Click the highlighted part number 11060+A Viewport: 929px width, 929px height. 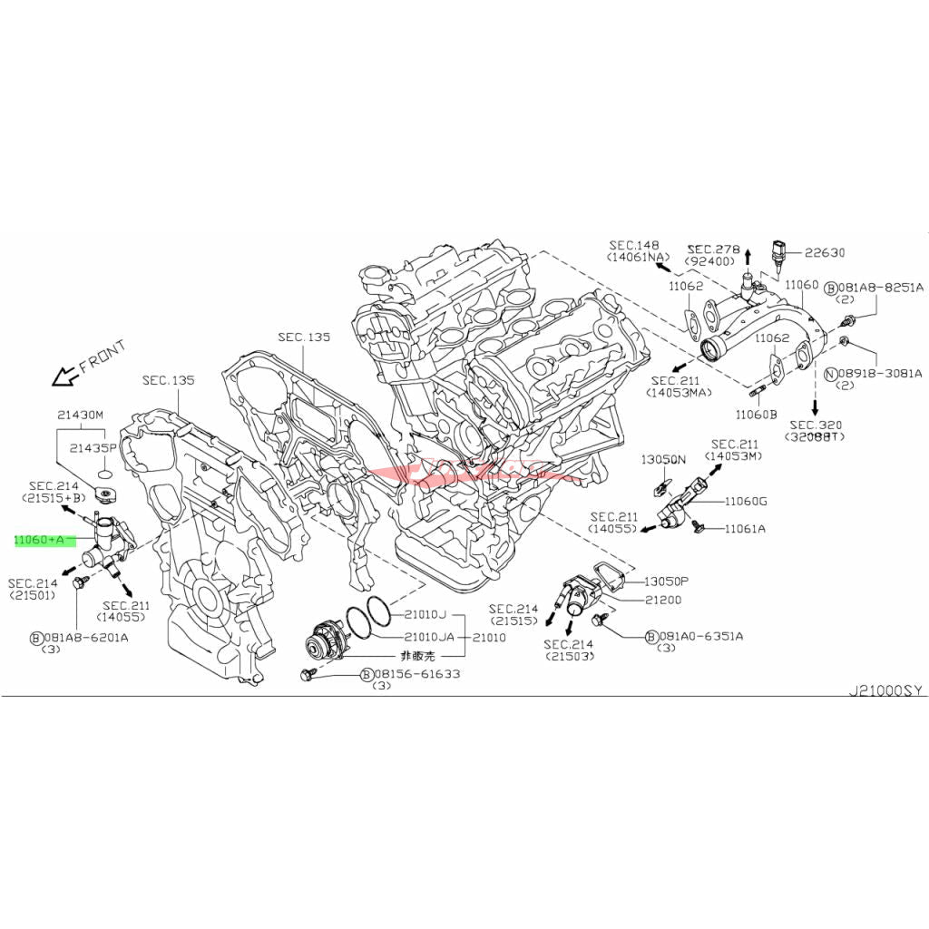pyautogui.click(x=40, y=540)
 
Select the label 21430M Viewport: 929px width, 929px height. pyautogui.click(x=81, y=415)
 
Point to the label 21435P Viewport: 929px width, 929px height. pyautogui.click(x=94, y=448)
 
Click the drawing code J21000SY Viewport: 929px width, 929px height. pyautogui.click(x=885, y=690)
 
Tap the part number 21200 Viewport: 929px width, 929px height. pyautogui.click(x=663, y=600)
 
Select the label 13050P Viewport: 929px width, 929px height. pyautogui.click(x=666, y=581)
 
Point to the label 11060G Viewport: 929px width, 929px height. pyautogui.click(x=746, y=501)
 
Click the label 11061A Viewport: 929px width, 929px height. pyautogui.click(x=744, y=528)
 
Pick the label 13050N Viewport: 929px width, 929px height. pyautogui.click(x=663, y=460)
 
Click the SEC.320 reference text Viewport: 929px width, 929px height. pyautogui.click(x=817, y=424)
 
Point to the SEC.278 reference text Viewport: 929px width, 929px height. pyautogui.click(x=714, y=249)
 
